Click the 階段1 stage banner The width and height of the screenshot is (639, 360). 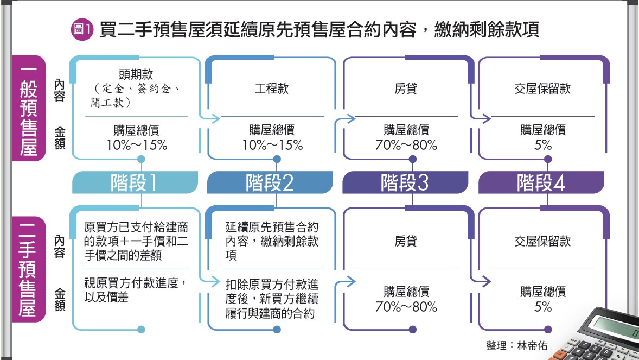(x=134, y=183)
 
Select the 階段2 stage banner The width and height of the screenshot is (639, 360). (x=270, y=183)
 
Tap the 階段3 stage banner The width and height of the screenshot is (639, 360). (x=405, y=183)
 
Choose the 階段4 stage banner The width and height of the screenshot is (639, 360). (x=541, y=183)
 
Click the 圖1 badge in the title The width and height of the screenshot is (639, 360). (x=84, y=29)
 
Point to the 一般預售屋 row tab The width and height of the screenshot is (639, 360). (x=28, y=109)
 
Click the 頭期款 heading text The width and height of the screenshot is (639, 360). (x=133, y=75)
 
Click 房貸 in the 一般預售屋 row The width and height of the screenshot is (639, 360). (x=406, y=89)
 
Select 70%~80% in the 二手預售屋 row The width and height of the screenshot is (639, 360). (x=406, y=306)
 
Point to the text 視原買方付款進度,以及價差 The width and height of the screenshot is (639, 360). (x=136, y=290)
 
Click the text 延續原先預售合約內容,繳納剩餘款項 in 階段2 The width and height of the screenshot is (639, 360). (x=271, y=241)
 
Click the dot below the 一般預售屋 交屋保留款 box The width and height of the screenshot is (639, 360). (x=548, y=159)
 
